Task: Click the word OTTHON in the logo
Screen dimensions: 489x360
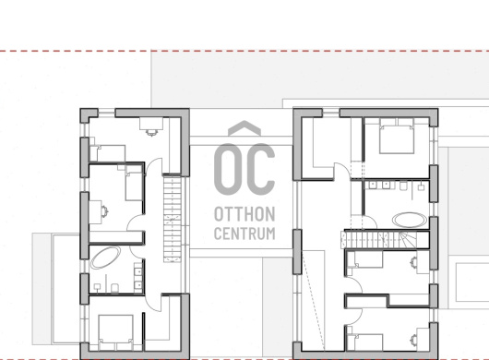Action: (244, 214)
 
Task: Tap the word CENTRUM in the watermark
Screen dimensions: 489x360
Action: (244, 234)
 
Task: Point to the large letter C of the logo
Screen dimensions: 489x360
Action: (260, 169)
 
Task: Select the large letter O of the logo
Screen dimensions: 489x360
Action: (228, 169)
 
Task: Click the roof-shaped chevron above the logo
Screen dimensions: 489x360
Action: (244, 127)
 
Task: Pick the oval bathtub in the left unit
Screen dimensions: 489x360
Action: (105, 258)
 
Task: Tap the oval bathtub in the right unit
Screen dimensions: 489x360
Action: (410, 220)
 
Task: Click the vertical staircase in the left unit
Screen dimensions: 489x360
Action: (173, 219)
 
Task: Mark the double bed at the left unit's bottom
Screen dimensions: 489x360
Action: (115, 332)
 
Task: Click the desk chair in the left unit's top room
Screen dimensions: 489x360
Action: (151, 133)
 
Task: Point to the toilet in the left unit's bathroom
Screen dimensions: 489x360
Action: (114, 288)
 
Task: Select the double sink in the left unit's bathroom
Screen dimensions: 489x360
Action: (138, 278)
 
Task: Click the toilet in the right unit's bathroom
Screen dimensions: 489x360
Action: (403, 186)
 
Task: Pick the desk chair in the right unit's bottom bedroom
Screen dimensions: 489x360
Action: (414, 338)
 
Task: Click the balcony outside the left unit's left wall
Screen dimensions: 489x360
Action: (56, 289)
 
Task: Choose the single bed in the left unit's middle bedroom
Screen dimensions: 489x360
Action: (134, 183)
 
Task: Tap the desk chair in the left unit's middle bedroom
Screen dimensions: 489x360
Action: (105, 211)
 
